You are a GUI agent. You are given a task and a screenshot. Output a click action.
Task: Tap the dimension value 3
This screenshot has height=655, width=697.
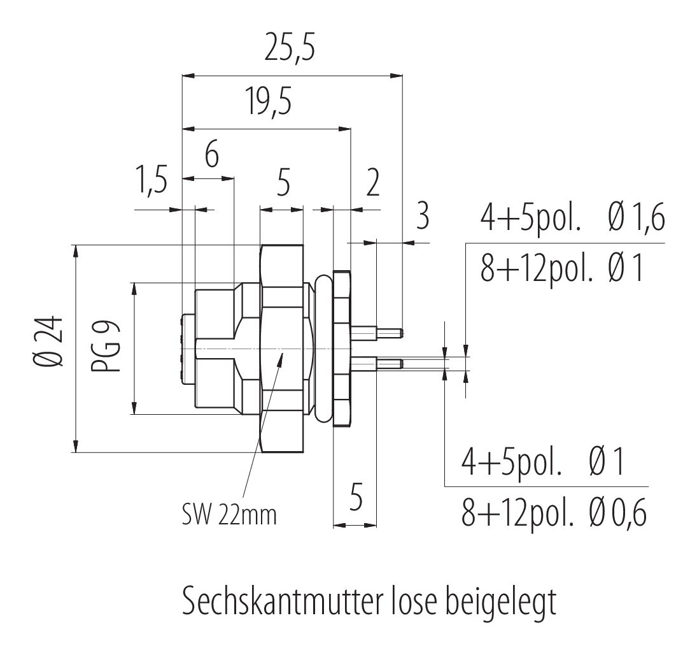[421, 217]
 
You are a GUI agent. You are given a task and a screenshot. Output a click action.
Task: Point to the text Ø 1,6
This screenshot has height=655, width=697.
[636, 220]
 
